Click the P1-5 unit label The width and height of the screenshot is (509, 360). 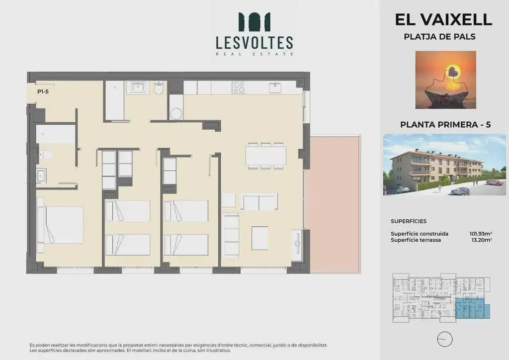[x=43, y=91]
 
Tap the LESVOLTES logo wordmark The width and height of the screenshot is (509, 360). [x=254, y=43]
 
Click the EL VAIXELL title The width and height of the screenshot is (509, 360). [x=443, y=19]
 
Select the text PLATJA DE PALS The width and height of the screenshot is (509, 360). [x=439, y=37]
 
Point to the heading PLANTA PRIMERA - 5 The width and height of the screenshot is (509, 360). [x=445, y=125]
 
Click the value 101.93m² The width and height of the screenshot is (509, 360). [x=481, y=234]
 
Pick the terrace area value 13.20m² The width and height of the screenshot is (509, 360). [x=481, y=240]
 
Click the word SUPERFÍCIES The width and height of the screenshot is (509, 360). [x=409, y=221]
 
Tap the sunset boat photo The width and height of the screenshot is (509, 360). [x=446, y=80]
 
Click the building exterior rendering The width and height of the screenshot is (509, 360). [x=444, y=165]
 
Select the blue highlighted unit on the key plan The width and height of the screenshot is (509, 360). [x=472, y=308]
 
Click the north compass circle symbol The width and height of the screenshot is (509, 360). [x=445, y=340]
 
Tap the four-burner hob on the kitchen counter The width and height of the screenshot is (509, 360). [x=239, y=88]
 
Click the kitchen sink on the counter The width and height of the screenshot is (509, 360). [x=275, y=88]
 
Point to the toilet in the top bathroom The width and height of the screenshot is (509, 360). [x=159, y=88]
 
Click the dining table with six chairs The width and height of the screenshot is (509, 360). [x=265, y=156]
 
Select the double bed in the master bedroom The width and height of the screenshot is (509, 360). [x=60, y=225]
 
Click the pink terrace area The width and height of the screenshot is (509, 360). [x=335, y=204]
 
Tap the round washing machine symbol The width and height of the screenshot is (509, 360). [x=176, y=114]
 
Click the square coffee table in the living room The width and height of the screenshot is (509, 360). [x=260, y=238]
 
